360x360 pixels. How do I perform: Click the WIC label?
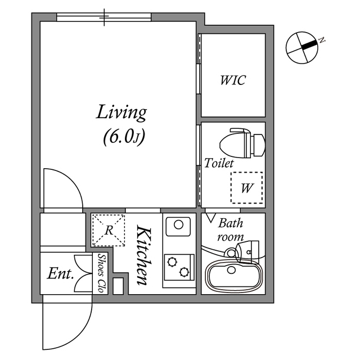point(232,80)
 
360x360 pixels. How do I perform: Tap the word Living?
point(121,112)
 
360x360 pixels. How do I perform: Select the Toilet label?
point(219,163)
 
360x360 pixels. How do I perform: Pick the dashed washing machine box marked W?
point(246,188)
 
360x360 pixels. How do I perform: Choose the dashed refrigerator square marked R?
point(109,229)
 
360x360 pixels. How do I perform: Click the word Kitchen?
point(143,254)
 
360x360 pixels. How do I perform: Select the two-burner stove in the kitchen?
point(178,265)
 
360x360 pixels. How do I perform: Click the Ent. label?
point(61,274)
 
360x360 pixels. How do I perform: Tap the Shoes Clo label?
point(102,273)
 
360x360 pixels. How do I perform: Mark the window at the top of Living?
point(105,17)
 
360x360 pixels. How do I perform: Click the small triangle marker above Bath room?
point(211,216)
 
